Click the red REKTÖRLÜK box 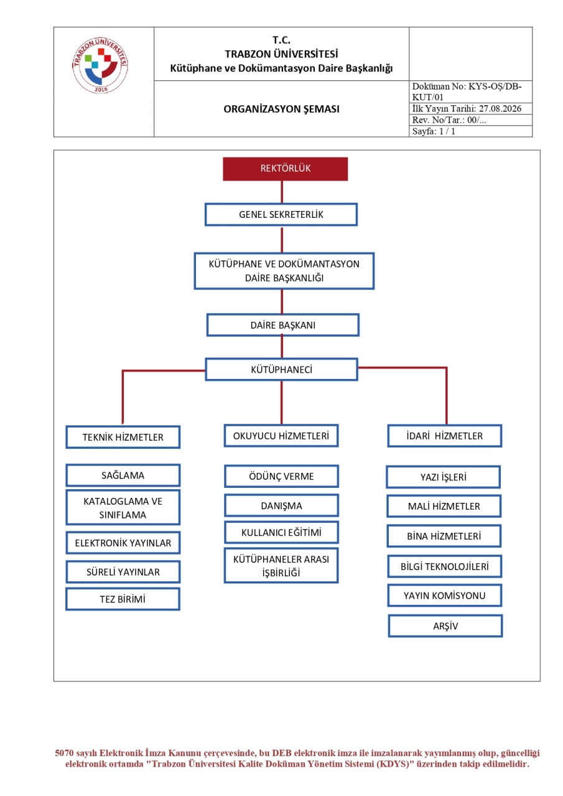tap(285, 169)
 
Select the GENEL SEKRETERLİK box tap(281, 214)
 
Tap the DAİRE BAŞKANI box tap(282, 325)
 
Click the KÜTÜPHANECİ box tap(281, 369)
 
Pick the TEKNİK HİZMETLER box tap(123, 437)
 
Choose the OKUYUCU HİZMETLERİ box tap(281, 435)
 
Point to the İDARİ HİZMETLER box tap(445, 436)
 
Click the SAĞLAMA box tap(123, 475)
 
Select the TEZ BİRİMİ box tap(123, 599)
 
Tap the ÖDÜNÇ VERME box tap(281, 476)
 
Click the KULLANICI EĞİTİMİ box tap(281, 532)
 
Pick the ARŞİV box tap(445, 626)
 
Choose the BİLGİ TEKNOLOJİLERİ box tap(445, 566)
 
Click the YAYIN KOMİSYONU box tap(445, 596)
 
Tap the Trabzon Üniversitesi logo tap(100, 65)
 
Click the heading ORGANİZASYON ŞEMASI tap(281, 109)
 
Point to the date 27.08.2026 tap(500, 108)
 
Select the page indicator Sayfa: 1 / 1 tap(434, 131)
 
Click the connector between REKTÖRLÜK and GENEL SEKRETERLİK tap(282, 192)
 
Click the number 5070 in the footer tap(64, 753)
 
